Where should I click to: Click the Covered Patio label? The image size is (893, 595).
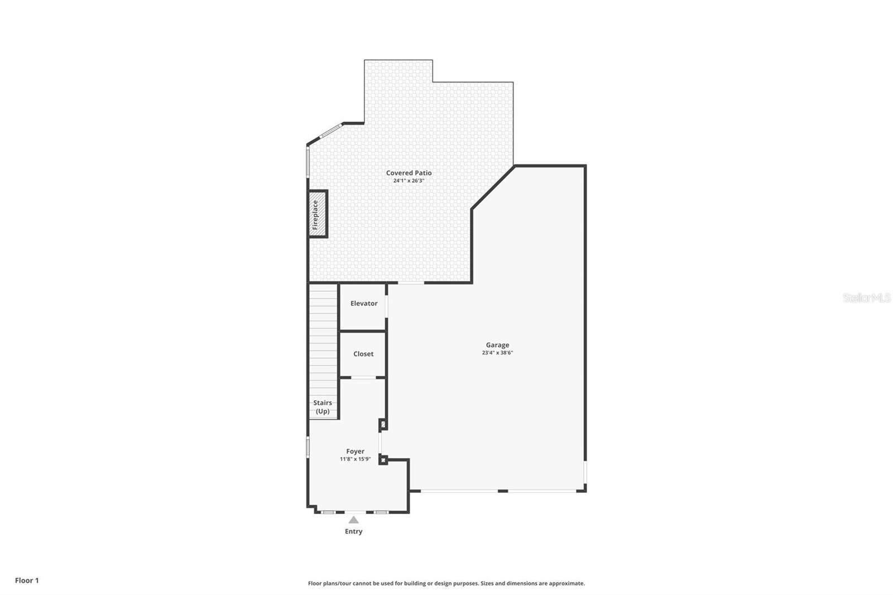click(409, 173)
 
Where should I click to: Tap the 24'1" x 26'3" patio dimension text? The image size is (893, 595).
click(409, 181)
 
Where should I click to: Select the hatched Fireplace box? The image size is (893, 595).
click(317, 214)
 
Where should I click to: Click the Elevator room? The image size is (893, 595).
click(363, 304)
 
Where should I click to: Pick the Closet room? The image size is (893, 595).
click(363, 354)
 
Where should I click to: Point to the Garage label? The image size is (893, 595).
click(497, 345)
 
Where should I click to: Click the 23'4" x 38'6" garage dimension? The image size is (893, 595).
click(497, 353)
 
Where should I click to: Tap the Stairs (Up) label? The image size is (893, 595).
click(323, 407)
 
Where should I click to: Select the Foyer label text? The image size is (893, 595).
click(355, 452)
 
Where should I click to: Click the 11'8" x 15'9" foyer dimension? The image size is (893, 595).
click(355, 459)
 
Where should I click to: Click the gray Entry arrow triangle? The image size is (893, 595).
click(353, 520)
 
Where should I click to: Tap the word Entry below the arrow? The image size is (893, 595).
click(353, 531)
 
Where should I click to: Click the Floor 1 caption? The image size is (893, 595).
click(27, 580)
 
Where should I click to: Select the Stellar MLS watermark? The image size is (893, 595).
click(866, 298)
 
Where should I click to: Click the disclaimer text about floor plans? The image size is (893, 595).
click(446, 583)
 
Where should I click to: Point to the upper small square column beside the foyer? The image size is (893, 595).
click(383, 425)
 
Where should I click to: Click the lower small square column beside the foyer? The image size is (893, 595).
click(383, 460)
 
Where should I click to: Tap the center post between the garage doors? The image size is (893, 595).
click(502, 491)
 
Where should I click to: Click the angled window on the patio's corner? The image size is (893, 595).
click(330, 131)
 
